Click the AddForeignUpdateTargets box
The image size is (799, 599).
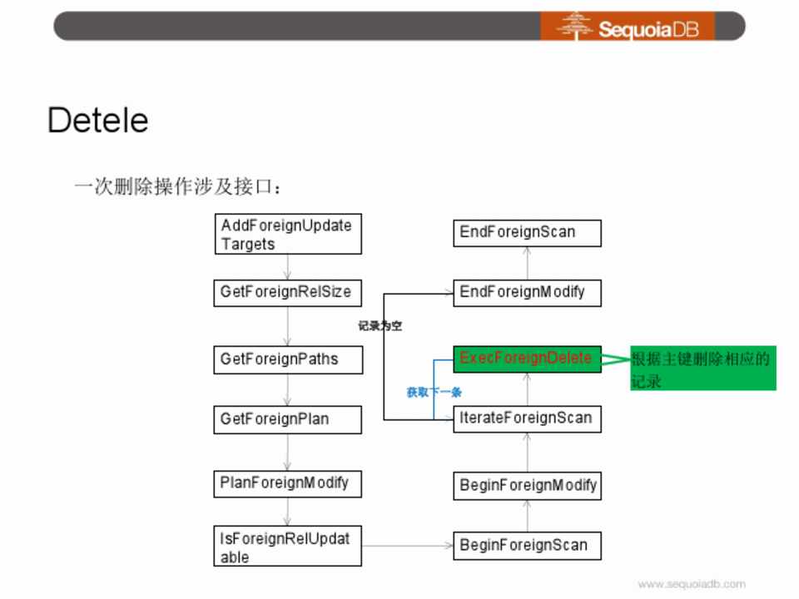[287, 234]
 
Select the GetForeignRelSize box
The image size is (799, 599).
[287, 293]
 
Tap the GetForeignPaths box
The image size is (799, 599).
[287, 359]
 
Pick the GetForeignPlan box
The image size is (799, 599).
[287, 419]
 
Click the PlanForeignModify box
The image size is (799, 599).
[287, 483]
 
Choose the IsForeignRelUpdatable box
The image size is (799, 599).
[287, 547]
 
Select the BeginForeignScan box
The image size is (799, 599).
[527, 545]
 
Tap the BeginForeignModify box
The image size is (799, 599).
[527, 485]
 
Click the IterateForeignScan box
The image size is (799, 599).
[527, 418]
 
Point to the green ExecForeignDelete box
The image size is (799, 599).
[527, 359]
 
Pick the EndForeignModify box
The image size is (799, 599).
[527, 292]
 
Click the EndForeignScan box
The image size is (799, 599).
[527, 232]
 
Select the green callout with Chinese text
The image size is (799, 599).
[702, 369]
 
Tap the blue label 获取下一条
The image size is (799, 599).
[434, 392]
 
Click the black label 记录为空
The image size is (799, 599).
[380, 326]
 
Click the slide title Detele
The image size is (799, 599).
[97, 121]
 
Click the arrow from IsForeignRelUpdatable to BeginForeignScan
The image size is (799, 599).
[407, 546]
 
